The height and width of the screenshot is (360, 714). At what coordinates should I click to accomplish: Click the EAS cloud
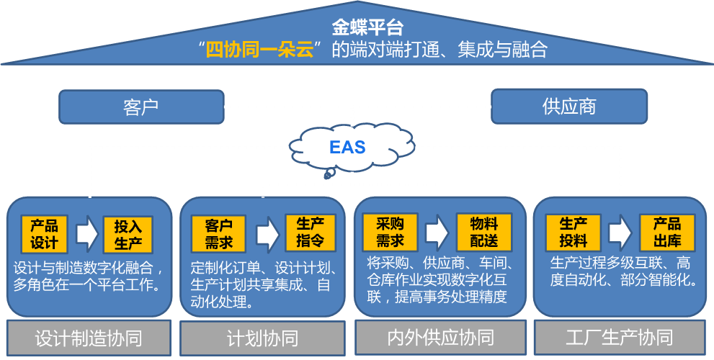click(x=348, y=148)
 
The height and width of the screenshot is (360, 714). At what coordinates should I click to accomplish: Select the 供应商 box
click(x=569, y=107)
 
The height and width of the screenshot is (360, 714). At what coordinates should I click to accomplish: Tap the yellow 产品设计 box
click(x=44, y=233)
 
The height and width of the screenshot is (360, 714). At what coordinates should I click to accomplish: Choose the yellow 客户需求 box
click(x=218, y=233)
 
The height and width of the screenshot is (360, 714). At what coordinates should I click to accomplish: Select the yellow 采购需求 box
click(x=390, y=232)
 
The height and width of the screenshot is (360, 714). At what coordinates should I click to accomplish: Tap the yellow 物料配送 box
click(x=484, y=232)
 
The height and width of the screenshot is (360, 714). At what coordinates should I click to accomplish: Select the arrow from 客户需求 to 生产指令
click(x=266, y=233)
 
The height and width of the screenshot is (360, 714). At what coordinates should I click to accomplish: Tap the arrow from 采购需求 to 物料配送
click(x=437, y=233)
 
